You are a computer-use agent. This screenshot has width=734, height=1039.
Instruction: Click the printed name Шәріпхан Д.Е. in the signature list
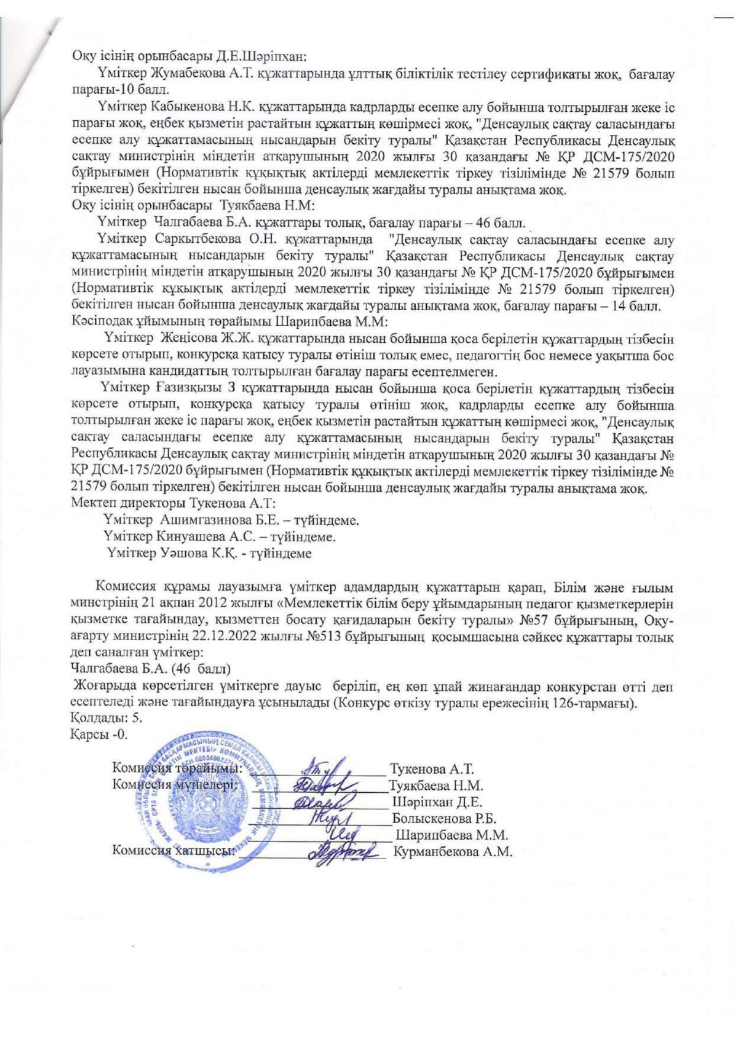[x=437, y=803]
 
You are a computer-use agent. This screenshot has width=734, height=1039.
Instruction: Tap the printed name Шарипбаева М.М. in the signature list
[x=453, y=835]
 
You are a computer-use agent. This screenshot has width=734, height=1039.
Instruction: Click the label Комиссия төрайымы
[x=178, y=769]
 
